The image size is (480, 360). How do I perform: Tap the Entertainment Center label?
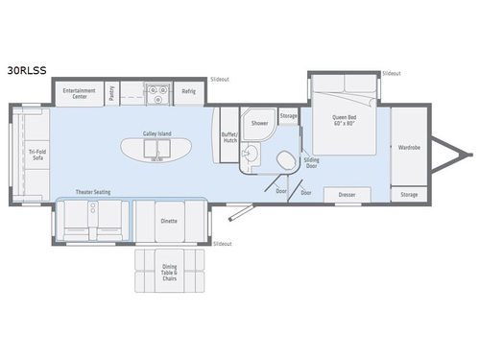79,93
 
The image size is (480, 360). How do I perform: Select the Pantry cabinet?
112,93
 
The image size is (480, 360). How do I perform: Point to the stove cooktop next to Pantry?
156,92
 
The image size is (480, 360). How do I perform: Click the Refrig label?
188,93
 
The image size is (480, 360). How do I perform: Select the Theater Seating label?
94,192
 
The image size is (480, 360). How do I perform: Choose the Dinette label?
168,221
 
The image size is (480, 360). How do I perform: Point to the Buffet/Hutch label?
228,136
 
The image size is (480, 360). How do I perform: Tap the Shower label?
259,123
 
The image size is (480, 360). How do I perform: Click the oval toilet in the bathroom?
285,159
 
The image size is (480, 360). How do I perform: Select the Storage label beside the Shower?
288,116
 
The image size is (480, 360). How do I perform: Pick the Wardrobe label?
409,147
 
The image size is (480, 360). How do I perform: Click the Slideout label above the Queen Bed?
391,73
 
